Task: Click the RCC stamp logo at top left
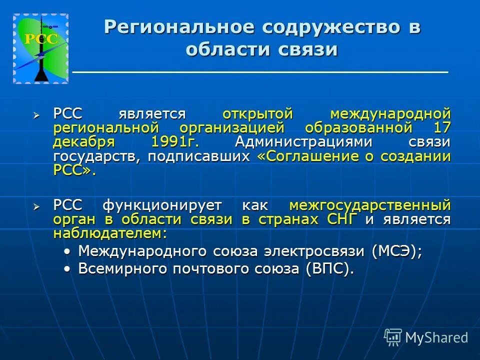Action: tap(40, 48)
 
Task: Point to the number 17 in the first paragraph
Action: tap(442, 127)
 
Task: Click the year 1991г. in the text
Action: tap(173, 141)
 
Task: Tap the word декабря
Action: tap(83, 141)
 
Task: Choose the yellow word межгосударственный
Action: tap(369, 205)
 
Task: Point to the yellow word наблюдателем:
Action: tap(109, 233)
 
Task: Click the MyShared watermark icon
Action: tap(393, 337)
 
